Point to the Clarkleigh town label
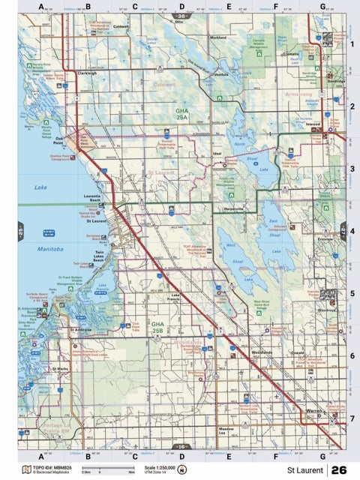pos(87,73)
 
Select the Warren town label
pos(314,411)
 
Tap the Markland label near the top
pos(218,37)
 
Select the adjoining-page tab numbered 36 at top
pos(181,15)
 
